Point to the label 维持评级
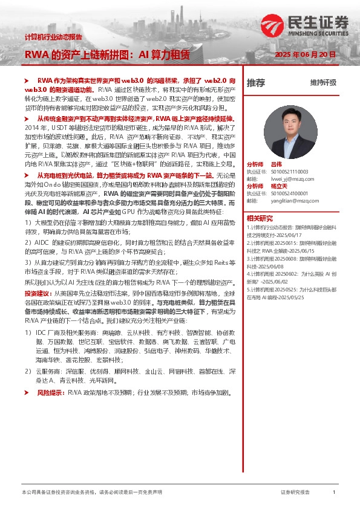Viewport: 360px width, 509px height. tap(323, 83)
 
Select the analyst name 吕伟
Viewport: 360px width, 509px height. tap(277, 164)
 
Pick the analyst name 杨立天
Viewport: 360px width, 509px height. tap(278, 186)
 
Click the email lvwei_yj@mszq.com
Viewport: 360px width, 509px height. tap(283, 179)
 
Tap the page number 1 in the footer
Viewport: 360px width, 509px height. tap(334, 493)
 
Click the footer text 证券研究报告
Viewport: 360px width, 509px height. tap(295, 493)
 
